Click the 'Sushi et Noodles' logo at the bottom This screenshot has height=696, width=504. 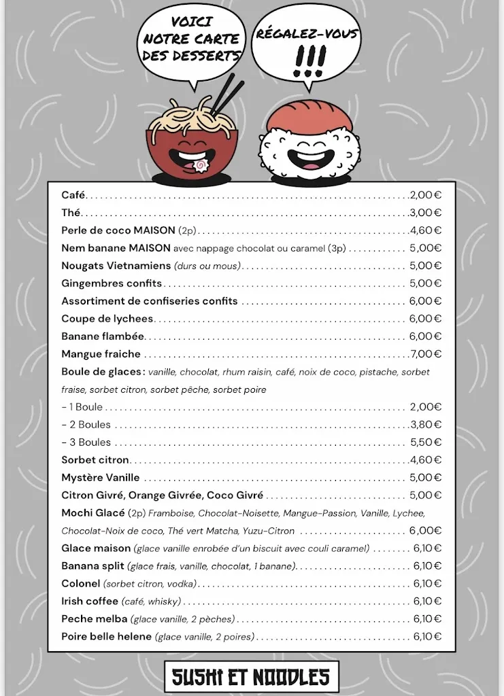(251, 676)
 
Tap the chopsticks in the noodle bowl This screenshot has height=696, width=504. (228, 95)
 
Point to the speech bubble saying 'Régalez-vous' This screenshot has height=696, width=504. (307, 51)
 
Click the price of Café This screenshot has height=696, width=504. (426, 195)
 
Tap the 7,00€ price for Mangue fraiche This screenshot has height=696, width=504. (426, 354)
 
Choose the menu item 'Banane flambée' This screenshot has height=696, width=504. (103, 336)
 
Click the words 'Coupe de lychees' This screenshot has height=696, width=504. (107, 319)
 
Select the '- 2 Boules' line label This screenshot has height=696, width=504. (86, 425)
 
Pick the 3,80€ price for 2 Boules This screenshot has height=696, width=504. (426, 425)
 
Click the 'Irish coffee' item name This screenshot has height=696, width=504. (90, 602)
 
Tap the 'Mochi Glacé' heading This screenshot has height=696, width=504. (93, 513)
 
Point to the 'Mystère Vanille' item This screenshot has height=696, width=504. (101, 478)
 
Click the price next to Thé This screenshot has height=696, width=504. (426, 213)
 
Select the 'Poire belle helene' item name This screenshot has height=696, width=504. (107, 637)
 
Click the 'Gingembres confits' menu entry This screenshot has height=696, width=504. (112, 283)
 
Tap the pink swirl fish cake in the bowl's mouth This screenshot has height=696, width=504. (201, 165)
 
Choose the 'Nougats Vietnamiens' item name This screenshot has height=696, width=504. (116, 266)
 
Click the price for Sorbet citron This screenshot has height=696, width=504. (426, 460)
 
